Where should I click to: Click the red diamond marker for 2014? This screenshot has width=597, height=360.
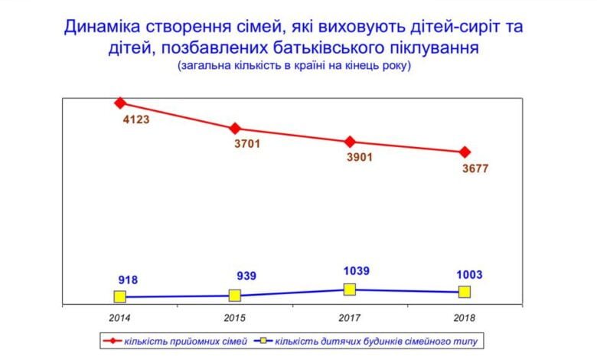point(120,103)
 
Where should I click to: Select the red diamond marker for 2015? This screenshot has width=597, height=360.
point(235,128)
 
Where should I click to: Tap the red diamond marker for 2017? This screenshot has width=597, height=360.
point(350,142)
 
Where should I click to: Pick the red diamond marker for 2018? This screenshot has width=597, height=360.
point(465,152)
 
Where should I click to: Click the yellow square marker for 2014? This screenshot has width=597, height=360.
point(120,296)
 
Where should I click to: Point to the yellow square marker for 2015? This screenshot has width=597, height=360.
point(235,295)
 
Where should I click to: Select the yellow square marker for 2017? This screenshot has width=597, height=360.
point(350,289)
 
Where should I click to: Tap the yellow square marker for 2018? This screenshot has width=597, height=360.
point(465,291)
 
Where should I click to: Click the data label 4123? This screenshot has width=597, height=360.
point(135,120)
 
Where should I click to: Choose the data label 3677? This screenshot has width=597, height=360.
point(475,169)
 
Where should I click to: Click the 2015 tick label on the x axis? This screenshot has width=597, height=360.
point(235,316)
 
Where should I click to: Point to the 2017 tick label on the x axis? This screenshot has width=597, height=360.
point(350,316)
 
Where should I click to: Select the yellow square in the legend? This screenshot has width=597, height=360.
point(266,339)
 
